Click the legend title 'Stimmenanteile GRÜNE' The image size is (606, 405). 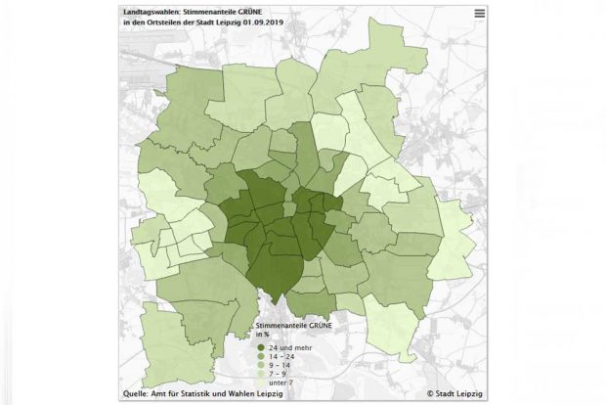coord(291,323)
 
